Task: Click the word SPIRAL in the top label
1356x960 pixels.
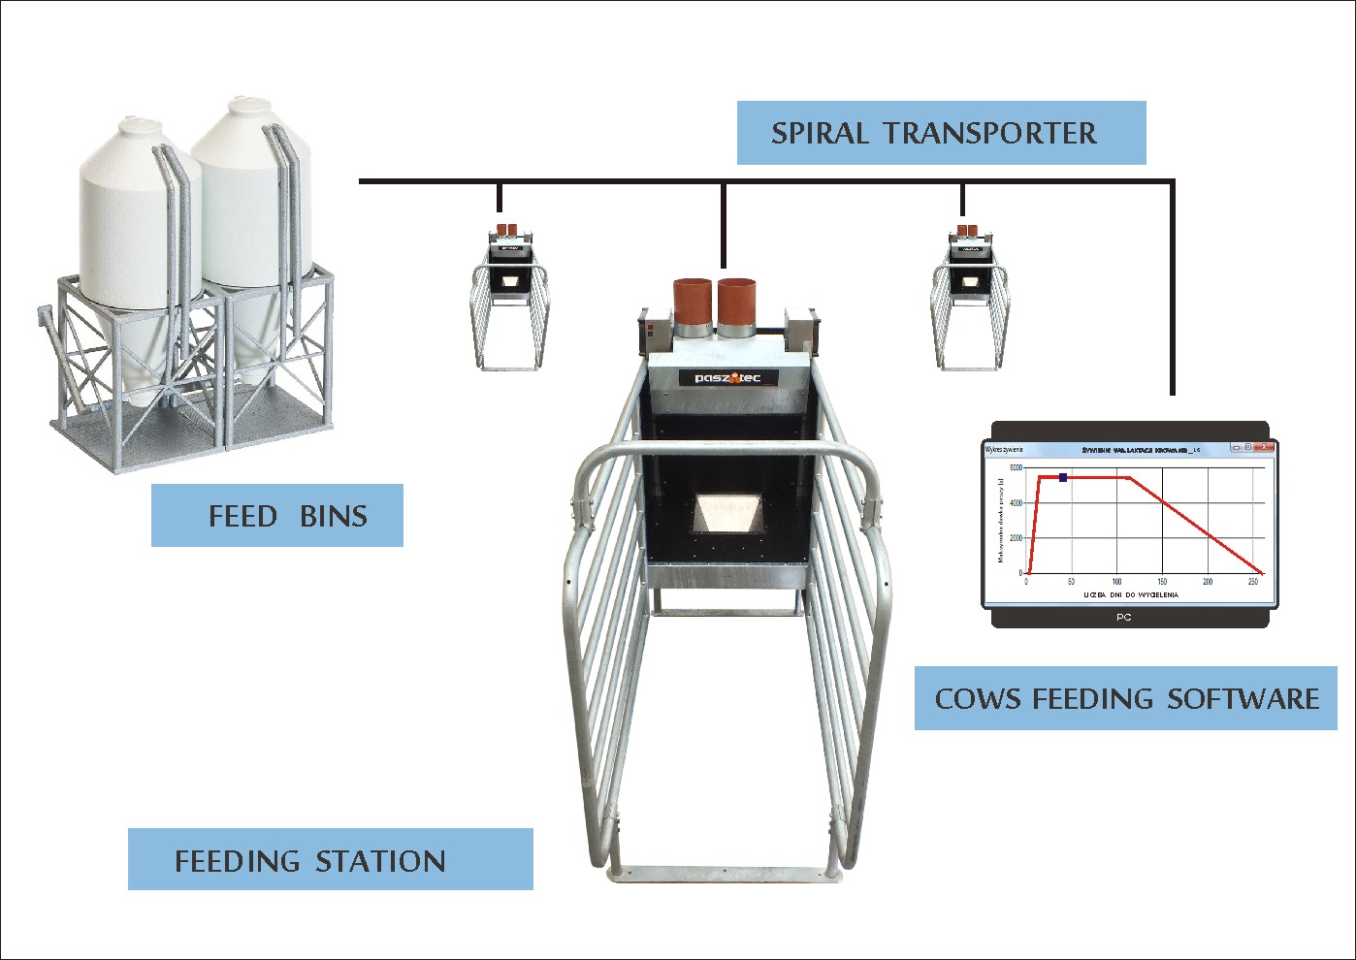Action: click(x=820, y=133)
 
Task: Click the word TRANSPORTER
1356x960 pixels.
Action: click(x=990, y=133)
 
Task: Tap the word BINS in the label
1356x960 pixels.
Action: click(x=334, y=516)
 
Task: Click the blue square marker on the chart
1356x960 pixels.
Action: click(x=1063, y=477)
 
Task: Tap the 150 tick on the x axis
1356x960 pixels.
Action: click(x=1162, y=582)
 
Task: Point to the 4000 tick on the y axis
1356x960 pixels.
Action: click(x=1016, y=502)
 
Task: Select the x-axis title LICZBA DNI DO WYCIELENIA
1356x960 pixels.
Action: click(x=1130, y=594)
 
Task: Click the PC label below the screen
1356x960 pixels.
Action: click(x=1124, y=617)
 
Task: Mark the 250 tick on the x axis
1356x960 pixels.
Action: click(x=1253, y=582)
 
